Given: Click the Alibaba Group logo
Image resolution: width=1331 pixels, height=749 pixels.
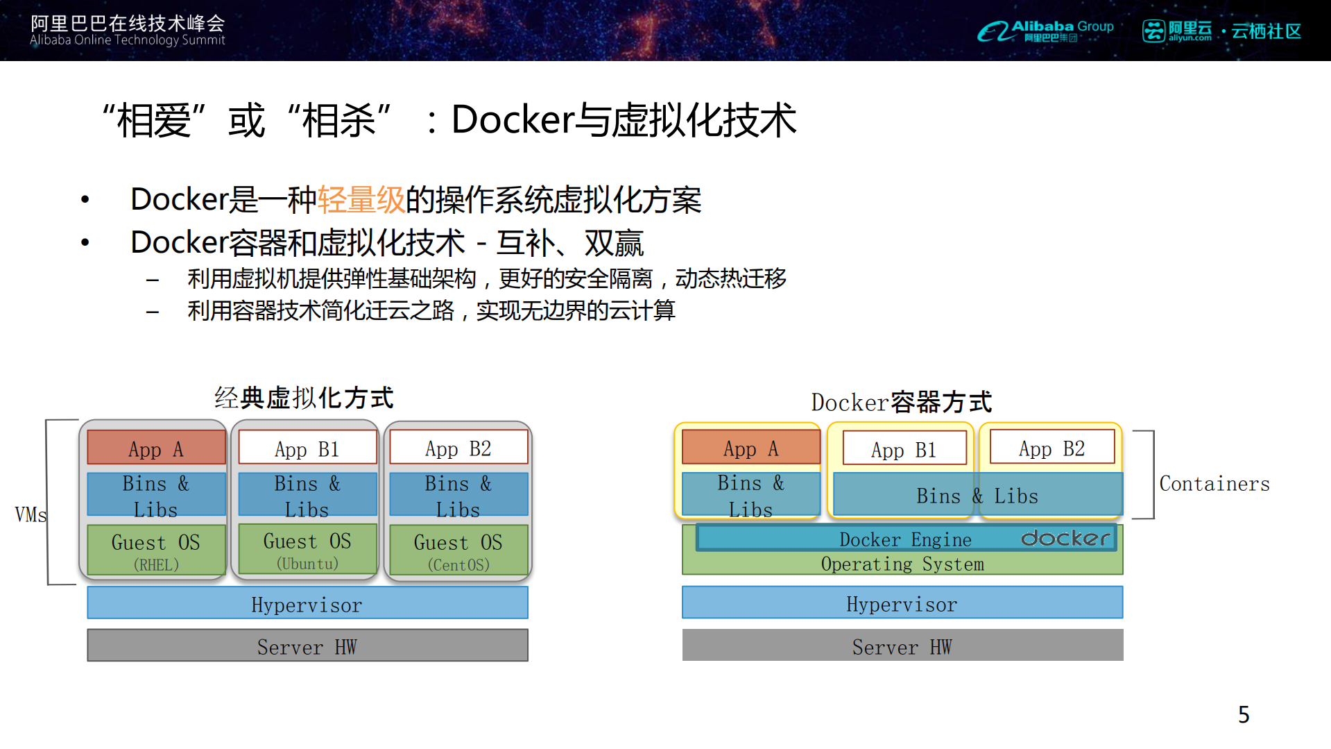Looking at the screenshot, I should point(1045,31).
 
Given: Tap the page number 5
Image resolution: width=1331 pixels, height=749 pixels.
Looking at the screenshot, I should point(1244,714).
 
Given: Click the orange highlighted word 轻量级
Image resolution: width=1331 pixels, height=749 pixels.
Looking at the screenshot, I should point(361,200).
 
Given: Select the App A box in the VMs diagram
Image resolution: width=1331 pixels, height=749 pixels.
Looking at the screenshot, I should point(156,448).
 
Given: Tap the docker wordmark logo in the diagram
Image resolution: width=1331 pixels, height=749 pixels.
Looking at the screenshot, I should point(1065,538).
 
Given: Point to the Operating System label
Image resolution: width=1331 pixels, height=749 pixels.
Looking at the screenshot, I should point(902,564).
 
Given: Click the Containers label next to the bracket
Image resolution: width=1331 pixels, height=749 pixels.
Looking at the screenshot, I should point(1214,484).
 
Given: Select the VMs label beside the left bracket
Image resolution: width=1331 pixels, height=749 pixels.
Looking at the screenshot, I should point(31,514).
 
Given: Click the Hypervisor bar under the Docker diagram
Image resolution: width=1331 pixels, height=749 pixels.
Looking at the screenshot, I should point(902,603).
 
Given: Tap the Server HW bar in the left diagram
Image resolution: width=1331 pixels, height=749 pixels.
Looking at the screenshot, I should point(307,646).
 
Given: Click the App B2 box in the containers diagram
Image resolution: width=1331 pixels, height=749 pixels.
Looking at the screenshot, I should point(1051,448).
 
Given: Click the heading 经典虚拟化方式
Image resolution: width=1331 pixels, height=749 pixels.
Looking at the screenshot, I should point(304,398).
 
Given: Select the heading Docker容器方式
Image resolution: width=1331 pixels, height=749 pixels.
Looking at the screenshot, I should point(901,402).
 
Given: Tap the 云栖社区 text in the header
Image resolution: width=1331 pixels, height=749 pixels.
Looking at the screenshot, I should point(1266,31).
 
